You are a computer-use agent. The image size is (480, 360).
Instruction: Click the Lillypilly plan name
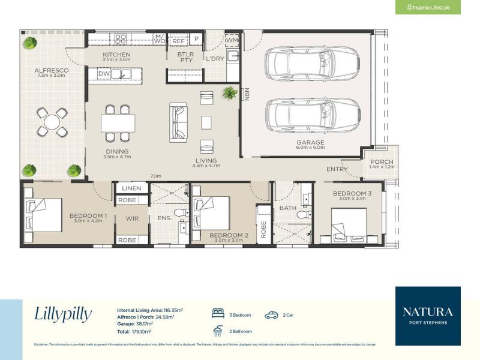click(63, 314)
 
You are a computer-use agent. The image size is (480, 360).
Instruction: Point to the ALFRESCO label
click(51, 71)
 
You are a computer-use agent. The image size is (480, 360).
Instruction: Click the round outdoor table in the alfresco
click(52, 122)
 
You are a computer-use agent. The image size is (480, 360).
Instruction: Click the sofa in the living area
click(178, 122)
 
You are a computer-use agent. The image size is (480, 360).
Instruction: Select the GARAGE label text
click(310, 142)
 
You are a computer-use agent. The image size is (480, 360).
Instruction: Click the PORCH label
click(382, 162)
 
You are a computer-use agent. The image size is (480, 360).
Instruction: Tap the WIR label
click(132, 218)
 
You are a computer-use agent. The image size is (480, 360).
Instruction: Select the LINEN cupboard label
click(131, 188)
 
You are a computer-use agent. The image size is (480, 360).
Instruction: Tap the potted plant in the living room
click(229, 92)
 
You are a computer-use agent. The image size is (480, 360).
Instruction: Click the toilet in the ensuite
click(179, 214)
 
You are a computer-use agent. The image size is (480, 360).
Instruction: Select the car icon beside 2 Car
click(272, 314)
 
